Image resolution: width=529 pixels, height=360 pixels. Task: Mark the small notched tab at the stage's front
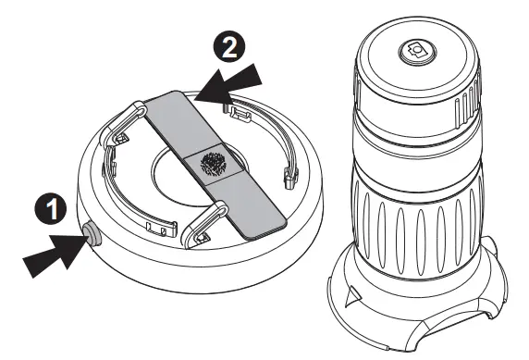(x=165, y=225)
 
